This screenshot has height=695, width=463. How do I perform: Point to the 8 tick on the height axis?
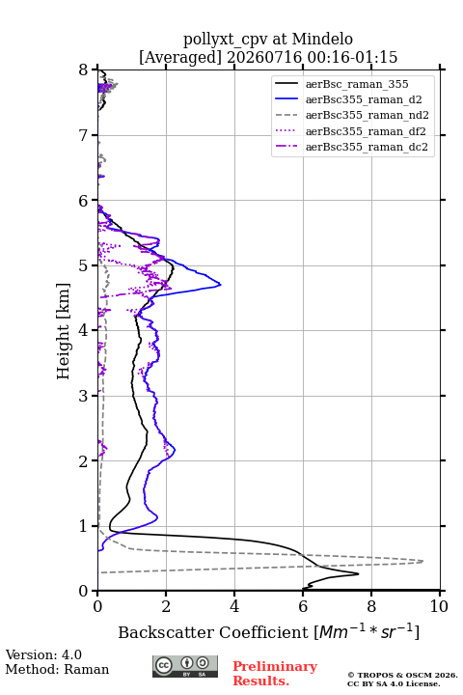[84, 70]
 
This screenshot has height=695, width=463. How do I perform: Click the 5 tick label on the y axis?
[84, 265]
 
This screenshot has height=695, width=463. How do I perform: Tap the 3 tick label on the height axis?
[84, 396]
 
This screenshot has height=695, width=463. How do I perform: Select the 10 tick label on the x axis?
[439, 606]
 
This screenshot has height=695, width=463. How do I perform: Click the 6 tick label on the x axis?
[303, 606]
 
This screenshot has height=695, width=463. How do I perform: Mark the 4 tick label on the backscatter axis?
[234, 606]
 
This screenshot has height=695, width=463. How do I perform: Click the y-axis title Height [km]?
[64, 331]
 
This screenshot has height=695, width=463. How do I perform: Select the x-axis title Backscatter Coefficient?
[212, 632]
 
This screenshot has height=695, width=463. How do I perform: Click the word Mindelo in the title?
[322, 39]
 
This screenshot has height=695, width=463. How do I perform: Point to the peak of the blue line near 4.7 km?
[221, 284]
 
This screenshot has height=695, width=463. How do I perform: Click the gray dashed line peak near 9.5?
[423, 561]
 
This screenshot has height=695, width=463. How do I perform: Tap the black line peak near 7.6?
[359, 574]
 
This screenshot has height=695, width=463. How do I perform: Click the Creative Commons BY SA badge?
[185, 666]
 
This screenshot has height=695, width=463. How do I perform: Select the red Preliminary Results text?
[275, 674]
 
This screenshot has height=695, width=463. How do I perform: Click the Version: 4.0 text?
[43, 654]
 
